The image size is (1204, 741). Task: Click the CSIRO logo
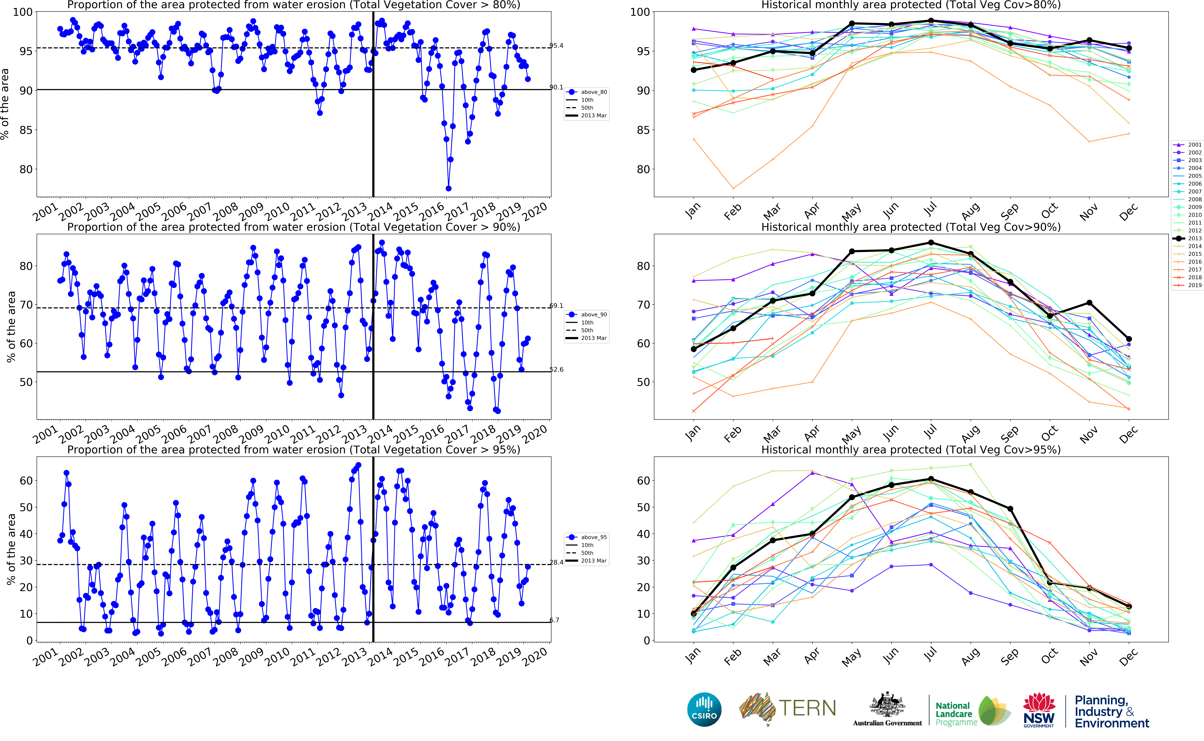click(704, 709)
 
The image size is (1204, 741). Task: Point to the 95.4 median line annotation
click(556, 46)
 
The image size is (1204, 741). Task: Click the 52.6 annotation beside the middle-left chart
click(556, 369)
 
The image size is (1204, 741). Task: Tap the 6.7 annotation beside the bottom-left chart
click(554, 620)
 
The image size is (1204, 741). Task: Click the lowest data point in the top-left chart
click(448, 188)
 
